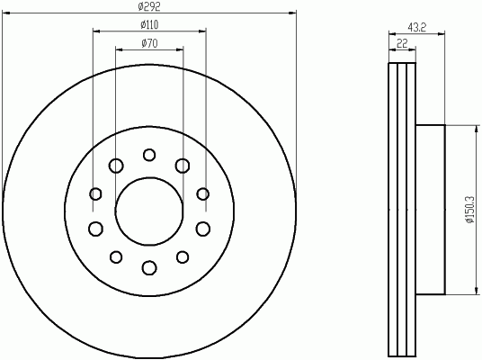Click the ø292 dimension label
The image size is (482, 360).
tap(149, 6)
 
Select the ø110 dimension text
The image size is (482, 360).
tap(149, 25)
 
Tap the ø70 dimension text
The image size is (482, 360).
tap(149, 43)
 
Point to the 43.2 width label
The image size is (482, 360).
tap(417, 27)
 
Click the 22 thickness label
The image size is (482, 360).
tap(402, 43)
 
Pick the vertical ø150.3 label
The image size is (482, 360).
tap(471, 210)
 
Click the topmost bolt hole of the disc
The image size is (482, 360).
tap(149, 155)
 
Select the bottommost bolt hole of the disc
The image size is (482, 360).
tap(149, 267)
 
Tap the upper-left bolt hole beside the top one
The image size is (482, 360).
tap(116, 166)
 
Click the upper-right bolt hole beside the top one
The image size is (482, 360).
tap(183, 166)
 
